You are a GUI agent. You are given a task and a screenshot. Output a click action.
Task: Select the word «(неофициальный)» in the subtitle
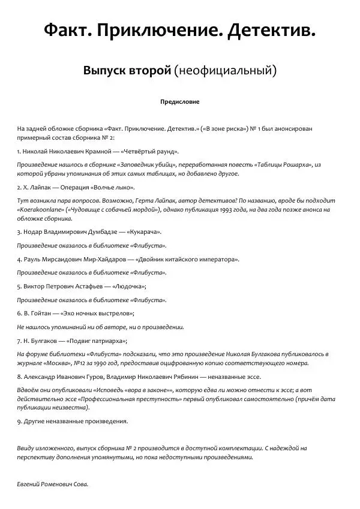tap(225, 71)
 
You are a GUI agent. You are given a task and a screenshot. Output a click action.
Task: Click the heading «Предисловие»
tap(179, 102)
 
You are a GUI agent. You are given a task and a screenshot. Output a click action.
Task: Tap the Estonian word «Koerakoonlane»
tap(40, 210)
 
